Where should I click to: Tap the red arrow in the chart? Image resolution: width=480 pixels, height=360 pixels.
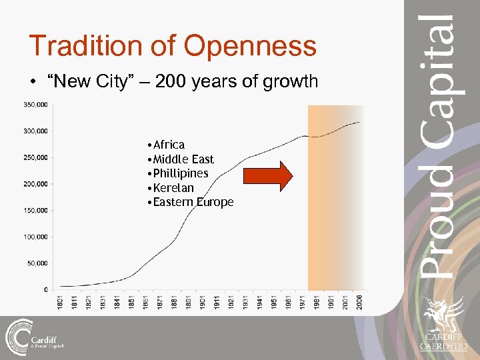coord(267,176)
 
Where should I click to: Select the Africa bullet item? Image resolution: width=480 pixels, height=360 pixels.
coord(169,145)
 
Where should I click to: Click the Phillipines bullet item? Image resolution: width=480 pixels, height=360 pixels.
coord(180,173)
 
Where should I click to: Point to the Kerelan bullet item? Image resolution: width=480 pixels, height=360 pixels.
coord(173,188)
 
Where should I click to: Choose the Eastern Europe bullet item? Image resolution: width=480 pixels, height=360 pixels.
coord(193,202)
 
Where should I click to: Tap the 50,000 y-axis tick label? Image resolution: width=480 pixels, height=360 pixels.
coord(37,263)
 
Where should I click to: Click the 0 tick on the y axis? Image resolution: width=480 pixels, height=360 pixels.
coord(45,290)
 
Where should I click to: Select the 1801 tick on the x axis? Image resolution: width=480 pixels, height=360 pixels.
coord(60,301)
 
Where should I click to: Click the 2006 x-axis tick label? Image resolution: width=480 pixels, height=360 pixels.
coord(359,301)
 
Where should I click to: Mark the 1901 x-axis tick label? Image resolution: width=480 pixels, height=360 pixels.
coord(203,301)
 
